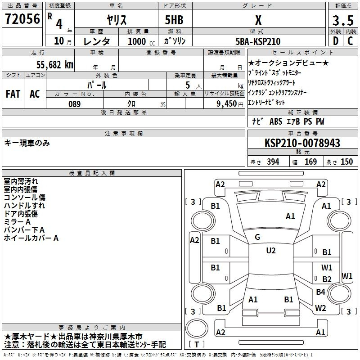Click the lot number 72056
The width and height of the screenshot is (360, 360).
tap(22, 19)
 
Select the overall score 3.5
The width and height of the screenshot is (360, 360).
tap(343, 20)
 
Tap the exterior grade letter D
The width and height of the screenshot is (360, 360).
tap(336, 41)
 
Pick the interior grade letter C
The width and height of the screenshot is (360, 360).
tap(350, 41)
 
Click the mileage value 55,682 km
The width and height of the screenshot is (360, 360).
tap(55, 65)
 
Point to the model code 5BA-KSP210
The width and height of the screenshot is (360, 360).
tap(258, 41)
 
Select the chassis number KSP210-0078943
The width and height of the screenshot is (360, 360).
tap(302, 143)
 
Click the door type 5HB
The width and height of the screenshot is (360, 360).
tap(174, 20)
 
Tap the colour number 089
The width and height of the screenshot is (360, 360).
tap(75, 104)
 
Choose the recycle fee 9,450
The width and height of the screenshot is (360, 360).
tap(227, 104)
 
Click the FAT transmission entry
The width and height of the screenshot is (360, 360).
tap(13, 94)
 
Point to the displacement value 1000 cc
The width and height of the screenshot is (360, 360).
tap(141, 41)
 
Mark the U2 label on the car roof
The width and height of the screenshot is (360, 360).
tap(271, 251)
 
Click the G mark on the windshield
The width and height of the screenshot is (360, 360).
tap(257, 237)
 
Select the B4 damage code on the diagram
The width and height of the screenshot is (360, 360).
tap(320, 292)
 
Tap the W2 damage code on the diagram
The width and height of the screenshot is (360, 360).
tap(320, 308)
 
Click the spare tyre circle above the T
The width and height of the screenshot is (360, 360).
tap(196, 328)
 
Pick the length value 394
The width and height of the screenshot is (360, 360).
tap(273, 162)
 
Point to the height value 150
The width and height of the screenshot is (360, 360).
tap(346, 162)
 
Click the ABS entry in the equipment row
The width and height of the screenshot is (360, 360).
tap(276, 121)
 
